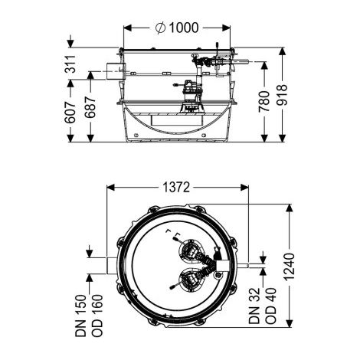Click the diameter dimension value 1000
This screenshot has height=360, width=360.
(x=183, y=28)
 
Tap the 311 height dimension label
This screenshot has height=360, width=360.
(x=70, y=64)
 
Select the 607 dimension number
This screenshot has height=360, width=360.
(x=70, y=113)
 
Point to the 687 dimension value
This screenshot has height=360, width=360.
(x=90, y=107)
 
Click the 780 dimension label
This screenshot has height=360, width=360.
(x=264, y=101)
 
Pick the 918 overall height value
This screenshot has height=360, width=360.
(x=282, y=95)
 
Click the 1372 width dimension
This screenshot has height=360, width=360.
(x=176, y=188)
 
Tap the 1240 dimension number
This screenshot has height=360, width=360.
(x=289, y=267)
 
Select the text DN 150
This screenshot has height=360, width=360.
(x=81, y=316)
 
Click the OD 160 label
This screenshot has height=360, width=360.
(x=97, y=316)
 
